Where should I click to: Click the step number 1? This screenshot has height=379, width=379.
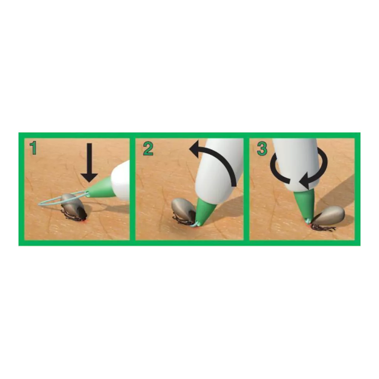[33, 148]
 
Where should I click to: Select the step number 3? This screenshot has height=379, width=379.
[262, 148]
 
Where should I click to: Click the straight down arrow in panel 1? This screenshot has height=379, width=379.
[89, 162]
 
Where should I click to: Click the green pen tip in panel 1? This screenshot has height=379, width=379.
[100, 188]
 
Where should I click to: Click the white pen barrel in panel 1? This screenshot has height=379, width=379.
[121, 180]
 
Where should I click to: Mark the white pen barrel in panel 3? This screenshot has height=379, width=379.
[296, 164]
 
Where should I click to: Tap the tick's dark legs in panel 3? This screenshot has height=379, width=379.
[323, 228]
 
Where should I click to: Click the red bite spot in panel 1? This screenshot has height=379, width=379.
[84, 221]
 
